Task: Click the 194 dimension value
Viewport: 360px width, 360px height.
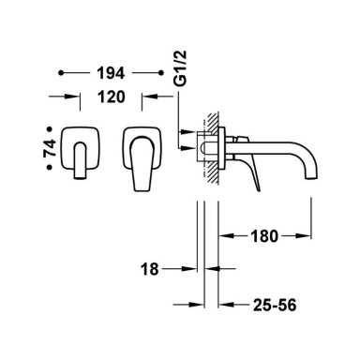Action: click(x=111, y=73)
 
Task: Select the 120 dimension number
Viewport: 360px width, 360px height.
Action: click(x=112, y=97)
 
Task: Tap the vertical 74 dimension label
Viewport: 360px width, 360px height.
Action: click(x=50, y=148)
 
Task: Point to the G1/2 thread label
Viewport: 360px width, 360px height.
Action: click(x=180, y=67)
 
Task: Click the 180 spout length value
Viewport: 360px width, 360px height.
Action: click(x=264, y=236)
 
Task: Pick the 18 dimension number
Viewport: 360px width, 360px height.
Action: click(x=150, y=269)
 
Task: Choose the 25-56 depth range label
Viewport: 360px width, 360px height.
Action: click(x=275, y=305)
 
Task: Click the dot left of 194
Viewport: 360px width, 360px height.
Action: click(x=61, y=73)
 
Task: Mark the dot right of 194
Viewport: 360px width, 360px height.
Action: click(x=161, y=73)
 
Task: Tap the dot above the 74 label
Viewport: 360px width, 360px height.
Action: click(x=49, y=128)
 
